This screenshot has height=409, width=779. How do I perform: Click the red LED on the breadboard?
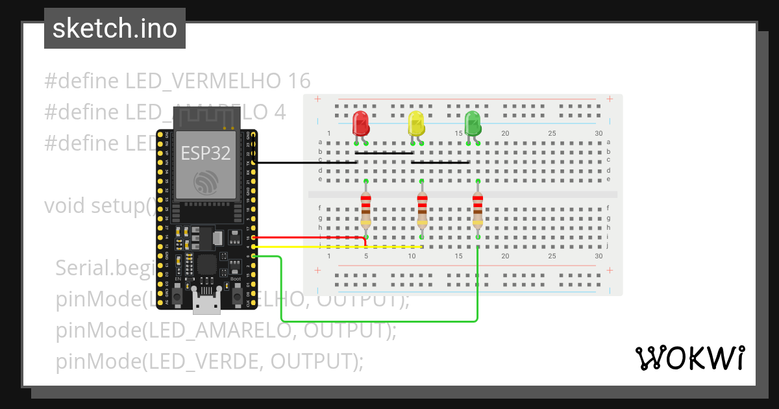pos(360,123)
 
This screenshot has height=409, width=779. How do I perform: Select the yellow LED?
pos(415,123)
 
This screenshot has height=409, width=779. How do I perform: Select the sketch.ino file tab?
pos(115,29)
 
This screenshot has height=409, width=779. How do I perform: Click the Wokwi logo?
pos(689,358)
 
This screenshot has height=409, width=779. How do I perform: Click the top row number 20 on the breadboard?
pos(505,134)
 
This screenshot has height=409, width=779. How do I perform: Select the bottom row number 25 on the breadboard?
pos(552,256)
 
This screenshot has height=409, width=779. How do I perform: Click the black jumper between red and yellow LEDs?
pos(384,153)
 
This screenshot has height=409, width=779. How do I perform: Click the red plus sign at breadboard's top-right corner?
pos(609,99)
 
